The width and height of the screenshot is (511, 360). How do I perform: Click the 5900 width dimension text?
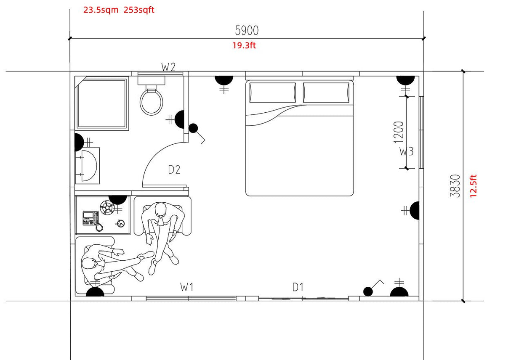point(247,31)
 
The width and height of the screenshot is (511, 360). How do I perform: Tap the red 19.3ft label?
point(244,45)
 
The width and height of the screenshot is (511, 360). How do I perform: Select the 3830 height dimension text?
point(455,186)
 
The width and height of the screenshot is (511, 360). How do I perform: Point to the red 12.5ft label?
point(474,186)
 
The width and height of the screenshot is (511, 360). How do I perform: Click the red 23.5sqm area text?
point(101,10)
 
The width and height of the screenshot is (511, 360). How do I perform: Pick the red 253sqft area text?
point(139,10)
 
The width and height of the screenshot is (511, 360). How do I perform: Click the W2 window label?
point(168,67)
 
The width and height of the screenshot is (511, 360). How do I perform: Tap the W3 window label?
point(406,151)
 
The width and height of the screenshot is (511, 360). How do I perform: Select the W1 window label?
point(186,287)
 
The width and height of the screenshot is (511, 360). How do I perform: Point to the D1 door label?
point(298,287)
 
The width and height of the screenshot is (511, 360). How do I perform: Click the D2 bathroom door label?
point(174,169)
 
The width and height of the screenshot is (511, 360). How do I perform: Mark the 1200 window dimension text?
point(399,132)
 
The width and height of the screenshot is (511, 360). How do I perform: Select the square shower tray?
point(102,103)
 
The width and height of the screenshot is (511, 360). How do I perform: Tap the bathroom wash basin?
point(88,166)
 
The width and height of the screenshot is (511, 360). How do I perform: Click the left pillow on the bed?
point(273,93)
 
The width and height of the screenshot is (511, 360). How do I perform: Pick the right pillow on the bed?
point(326,93)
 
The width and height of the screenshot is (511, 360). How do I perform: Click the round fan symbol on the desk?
point(107,207)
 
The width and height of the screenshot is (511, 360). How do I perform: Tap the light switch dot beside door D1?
point(368,291)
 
